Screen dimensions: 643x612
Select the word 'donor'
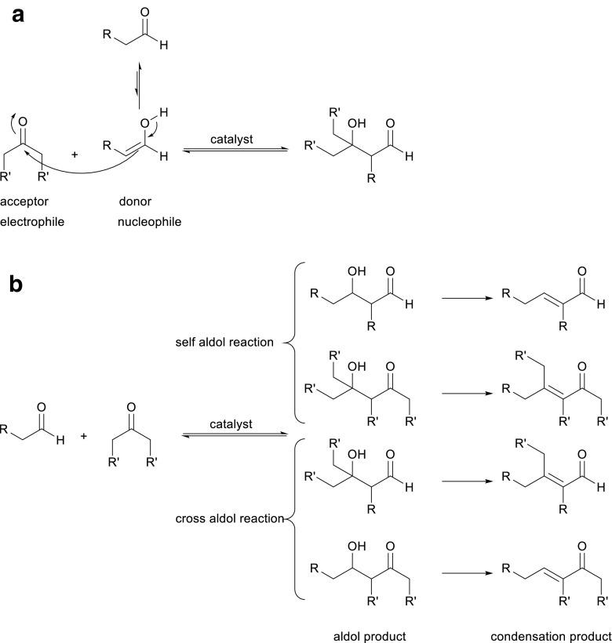point(135,202)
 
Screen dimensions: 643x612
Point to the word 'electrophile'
point(32,222)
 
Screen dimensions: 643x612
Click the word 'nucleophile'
point(149,222)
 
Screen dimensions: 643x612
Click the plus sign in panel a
point(75,155)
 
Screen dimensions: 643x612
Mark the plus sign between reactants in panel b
point(84,435)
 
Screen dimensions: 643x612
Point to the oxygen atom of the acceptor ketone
point(22,122)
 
